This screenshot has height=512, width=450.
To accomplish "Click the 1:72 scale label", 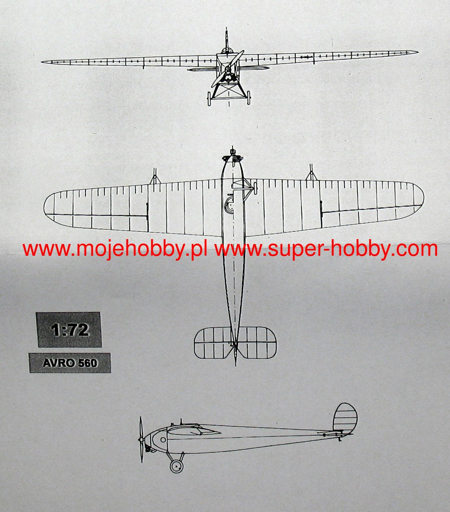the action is click(69, 330).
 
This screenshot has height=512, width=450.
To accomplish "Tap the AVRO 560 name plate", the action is click(70, 363).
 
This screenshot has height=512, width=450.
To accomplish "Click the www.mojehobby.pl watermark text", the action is click(115, 248).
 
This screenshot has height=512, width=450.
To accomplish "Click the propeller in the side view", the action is click(141, 439).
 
